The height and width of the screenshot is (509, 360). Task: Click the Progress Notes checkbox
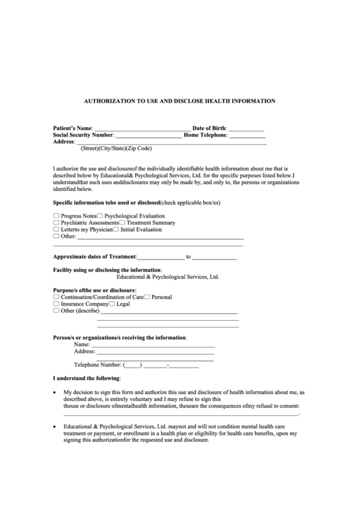pyautogui.click(x=56, y=215)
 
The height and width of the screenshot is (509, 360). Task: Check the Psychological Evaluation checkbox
pyautogui.click(x=101, y=215)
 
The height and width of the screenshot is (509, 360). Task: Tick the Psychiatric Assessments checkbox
pyautogui.click(x=56, y=223)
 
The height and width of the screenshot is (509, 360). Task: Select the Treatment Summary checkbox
pyautogui.click(x=123, y=223)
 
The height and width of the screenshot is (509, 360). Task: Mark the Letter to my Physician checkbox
pyautogui.click(x=56, y=230)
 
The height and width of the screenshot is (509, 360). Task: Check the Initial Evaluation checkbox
pyautogui.click(x=116, y=230)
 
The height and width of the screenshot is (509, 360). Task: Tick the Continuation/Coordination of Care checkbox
pyautogui.click(x=56, y=297)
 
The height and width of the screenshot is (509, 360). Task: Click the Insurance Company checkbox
pyautogui.click(x=56, y=304)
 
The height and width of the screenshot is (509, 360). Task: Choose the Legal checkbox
pyautogui.click(x=113, y=304)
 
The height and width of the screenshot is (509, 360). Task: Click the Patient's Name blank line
pyautogui.click(x=142, y=128)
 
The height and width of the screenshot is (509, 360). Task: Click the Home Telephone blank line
pyautogui.click(x=247, y=135)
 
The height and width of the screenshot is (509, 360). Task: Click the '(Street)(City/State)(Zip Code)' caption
pyautogui.click(x=116, y=149)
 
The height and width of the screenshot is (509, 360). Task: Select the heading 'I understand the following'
pyautogui.click(x=86, y=378)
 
